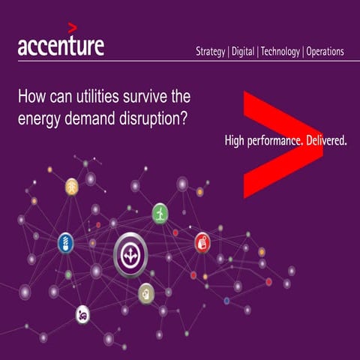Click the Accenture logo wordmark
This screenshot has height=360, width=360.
61,46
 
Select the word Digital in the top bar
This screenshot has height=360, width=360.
244,52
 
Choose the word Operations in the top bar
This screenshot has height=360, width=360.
325,52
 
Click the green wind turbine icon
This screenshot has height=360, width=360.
160,213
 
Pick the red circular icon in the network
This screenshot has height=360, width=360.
202,241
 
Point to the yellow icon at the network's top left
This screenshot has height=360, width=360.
72,186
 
